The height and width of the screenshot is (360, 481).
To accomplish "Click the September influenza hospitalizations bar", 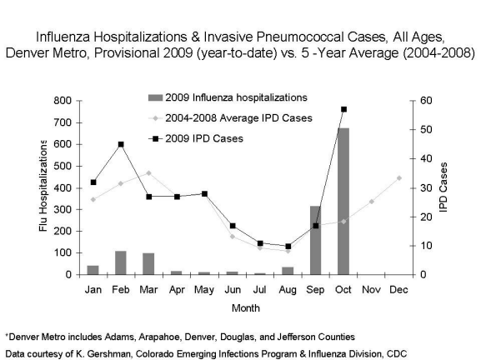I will click(315, 240).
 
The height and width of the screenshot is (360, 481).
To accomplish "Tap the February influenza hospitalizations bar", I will click(121, 262).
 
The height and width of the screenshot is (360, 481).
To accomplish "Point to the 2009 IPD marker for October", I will click(343, 109).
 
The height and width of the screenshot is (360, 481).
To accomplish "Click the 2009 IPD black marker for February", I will click(121, 144).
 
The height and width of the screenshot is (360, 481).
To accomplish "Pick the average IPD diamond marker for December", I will click(399, 177).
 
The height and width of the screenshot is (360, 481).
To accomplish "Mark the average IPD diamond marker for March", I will click(148, 173).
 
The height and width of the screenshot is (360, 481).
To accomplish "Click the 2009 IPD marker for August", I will click(288, 247).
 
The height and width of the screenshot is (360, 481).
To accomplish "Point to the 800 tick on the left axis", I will click(63, 101).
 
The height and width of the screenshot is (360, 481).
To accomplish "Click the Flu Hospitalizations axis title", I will click(43, 187).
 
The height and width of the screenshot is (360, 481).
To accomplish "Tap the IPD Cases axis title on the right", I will click(444, 187).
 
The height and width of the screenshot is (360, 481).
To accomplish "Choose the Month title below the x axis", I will click(246, 306).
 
